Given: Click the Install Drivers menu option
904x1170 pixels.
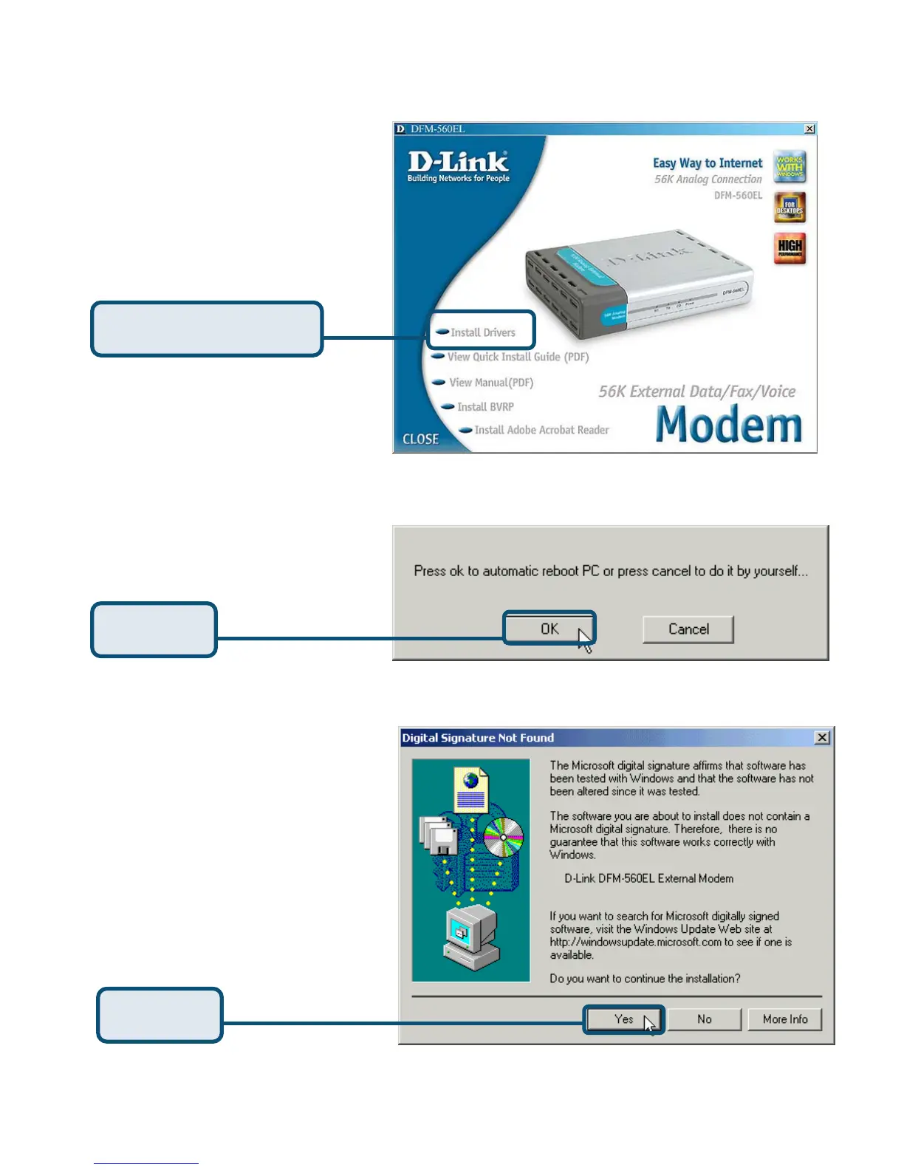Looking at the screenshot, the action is [482, 332].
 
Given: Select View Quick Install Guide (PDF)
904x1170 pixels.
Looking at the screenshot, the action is [517, 357].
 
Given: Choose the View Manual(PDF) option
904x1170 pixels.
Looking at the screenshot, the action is [490, 383].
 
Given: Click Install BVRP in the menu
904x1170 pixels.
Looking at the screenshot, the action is [484, 407].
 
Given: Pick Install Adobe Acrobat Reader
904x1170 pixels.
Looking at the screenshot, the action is [541, 430].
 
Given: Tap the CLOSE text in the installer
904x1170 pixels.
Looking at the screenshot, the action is [420, 439].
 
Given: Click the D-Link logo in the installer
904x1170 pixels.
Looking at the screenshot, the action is [458, 166].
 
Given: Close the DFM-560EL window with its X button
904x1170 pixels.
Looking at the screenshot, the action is [809, 129].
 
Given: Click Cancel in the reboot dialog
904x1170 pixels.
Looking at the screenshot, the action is [688, 629].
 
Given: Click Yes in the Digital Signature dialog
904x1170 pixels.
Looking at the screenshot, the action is [624, 1019].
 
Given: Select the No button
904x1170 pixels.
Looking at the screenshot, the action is [705, 1019].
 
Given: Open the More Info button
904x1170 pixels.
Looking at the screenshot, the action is [784, 1019].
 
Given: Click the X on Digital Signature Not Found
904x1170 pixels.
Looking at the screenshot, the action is [822, 738].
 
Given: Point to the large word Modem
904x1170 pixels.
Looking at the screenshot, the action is [728, 425].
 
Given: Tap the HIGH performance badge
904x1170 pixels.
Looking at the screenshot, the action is [790, 247].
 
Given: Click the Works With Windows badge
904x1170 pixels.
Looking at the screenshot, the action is [790, 167].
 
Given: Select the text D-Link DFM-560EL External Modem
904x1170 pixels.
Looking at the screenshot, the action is [648, 879].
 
